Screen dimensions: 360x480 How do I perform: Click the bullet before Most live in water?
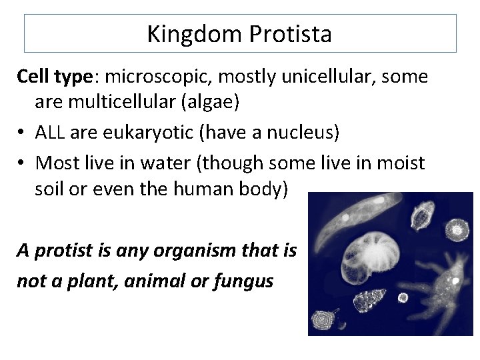click(22, 161)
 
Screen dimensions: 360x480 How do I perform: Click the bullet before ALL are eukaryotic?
click(22, 133)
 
